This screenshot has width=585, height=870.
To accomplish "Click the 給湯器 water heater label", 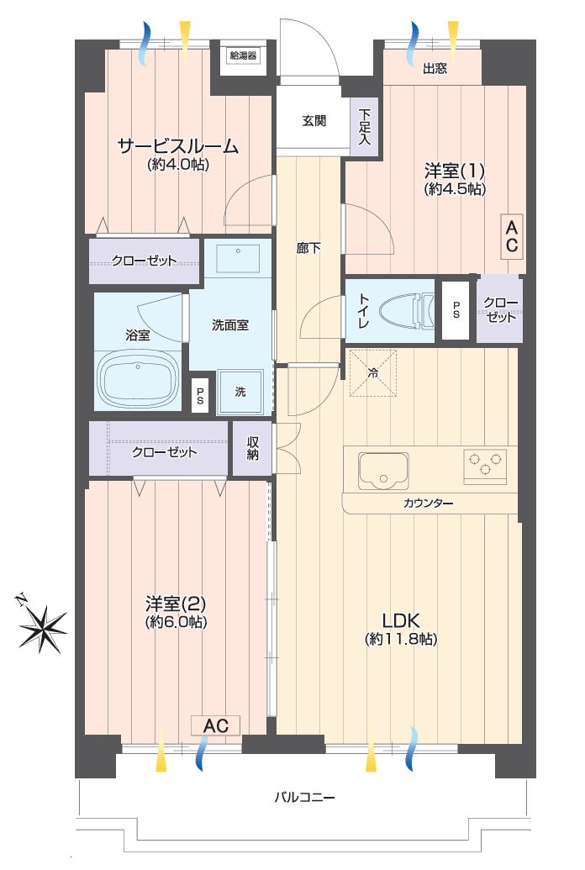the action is coord(243,55).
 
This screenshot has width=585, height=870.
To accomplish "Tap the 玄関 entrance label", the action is coord(314,120).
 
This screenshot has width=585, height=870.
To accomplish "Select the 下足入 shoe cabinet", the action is coord(364,127).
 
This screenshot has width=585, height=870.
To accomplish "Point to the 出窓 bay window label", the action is coord(435,68).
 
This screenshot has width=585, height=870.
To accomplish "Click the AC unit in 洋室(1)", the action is coord(512,236).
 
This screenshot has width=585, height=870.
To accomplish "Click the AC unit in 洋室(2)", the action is coord(215,725).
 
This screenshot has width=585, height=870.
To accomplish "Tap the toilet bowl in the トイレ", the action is coord(406,311).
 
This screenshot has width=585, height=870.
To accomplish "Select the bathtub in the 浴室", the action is coord(138,380).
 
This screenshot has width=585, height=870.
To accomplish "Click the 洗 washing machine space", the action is coord(240,392).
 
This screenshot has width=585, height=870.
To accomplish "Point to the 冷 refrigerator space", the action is coord(373,373).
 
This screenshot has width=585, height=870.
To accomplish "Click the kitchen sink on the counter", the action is coord(383,471).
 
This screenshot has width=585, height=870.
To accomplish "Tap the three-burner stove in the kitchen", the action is coord(485,466).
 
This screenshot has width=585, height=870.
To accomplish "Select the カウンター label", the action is coord(428,504).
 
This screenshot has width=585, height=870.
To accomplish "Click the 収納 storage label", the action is coord(252,448).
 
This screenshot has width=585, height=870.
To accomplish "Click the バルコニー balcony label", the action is coord(305,798).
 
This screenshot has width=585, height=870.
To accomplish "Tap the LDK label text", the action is coord(401,620).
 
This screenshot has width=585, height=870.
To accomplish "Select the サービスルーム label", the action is coord(177,146).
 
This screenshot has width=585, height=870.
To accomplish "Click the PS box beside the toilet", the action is coord(456,310).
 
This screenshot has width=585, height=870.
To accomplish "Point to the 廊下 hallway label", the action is coord(308,247).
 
